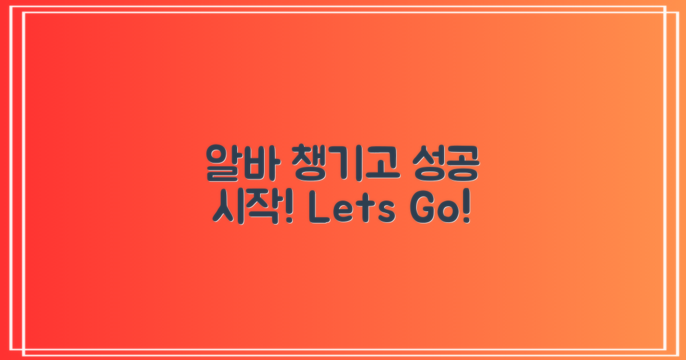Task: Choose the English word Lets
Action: (352, 210)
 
